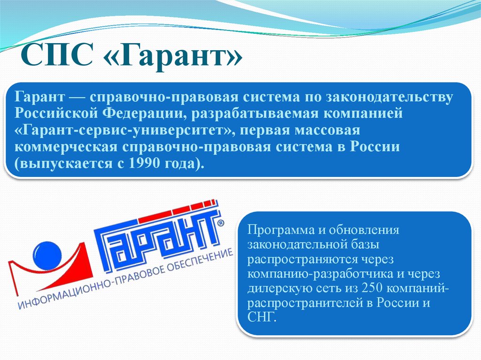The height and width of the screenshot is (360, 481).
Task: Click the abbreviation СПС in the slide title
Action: pyautogui.click(x=57, y=55)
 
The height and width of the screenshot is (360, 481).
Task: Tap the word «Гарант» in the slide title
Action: pyautogui.click(x=173, y=56)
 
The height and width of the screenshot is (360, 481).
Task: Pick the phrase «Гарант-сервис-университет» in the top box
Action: pyautogui.click(x=125, y=130)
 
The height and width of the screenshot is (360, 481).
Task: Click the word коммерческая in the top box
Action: pyautogui.click(x=66, y=147)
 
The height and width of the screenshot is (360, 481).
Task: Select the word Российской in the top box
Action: pyautogui.click(x=56, y=114)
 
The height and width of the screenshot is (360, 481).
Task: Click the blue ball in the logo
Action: pyautogui.click(x=47, y=255)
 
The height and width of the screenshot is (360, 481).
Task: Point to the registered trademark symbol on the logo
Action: pyautogui.click(x=221, y=222)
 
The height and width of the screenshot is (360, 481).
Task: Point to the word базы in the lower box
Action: pyautogui.click(x=365, y=245)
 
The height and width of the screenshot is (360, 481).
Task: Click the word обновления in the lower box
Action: pyautogui.click(x=364, y=230)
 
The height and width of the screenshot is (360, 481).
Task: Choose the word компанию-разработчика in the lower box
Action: pyautogui.click(x=320, y=274)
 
